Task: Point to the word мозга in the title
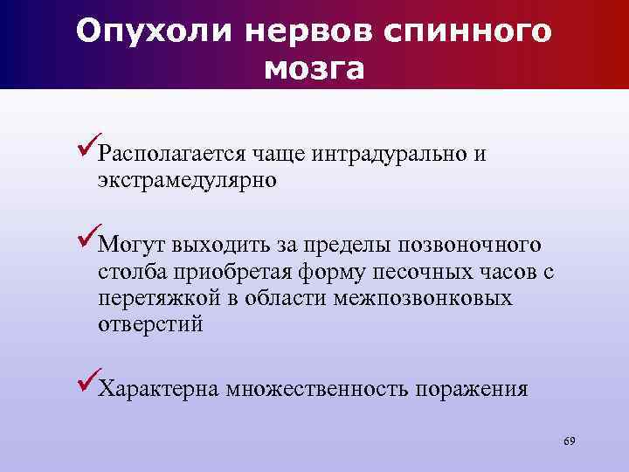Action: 314,68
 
